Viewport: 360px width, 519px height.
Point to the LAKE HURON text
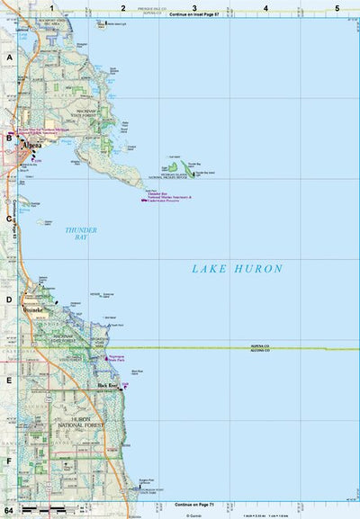[x=237, y=268]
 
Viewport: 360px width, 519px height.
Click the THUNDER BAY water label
[x=81, y=234]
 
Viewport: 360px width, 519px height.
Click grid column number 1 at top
[x=52, y=8]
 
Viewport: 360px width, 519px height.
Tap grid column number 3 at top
[x=194, y=8]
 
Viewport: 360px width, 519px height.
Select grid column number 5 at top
[x=337, y=8]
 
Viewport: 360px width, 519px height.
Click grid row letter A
[x=9, y=57]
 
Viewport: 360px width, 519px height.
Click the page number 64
[x=8, y=510]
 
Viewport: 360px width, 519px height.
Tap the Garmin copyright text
[x=192, y=515]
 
